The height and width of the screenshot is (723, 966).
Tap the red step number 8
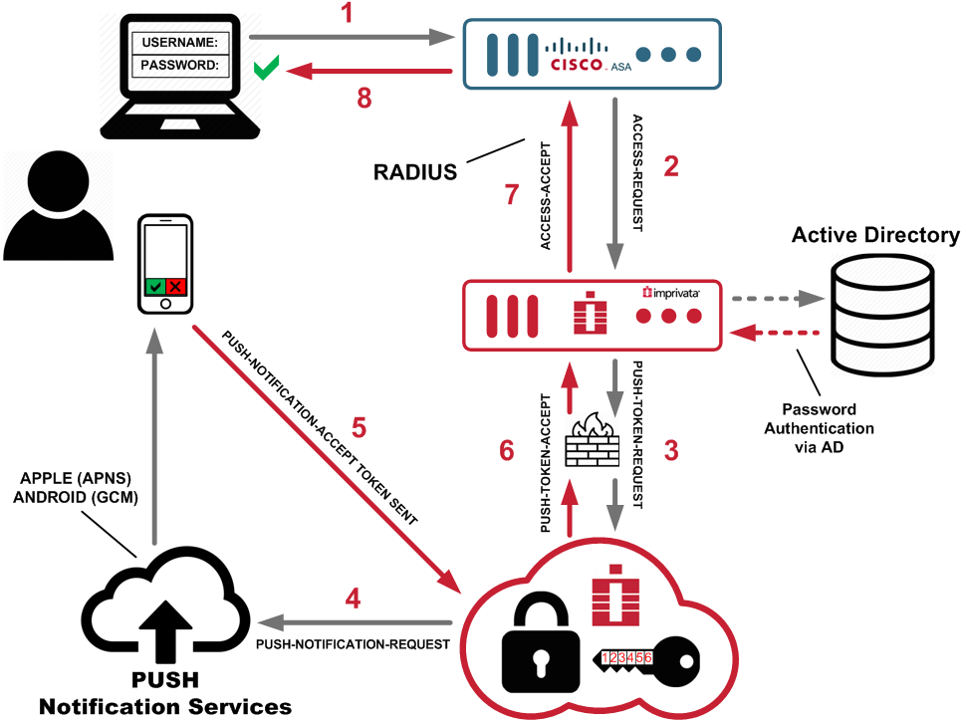point(365,98)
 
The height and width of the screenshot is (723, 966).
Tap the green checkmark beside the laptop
point(266,69)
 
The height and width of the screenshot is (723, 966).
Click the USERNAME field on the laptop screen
point(181,43)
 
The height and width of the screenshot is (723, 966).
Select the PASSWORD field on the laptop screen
point(181,66)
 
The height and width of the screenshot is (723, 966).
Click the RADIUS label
point(415,171)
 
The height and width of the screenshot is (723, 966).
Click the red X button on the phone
point(176,287)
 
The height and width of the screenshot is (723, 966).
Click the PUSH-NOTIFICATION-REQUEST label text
point(353,644)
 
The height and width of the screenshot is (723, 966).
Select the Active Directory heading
point(875,235)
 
